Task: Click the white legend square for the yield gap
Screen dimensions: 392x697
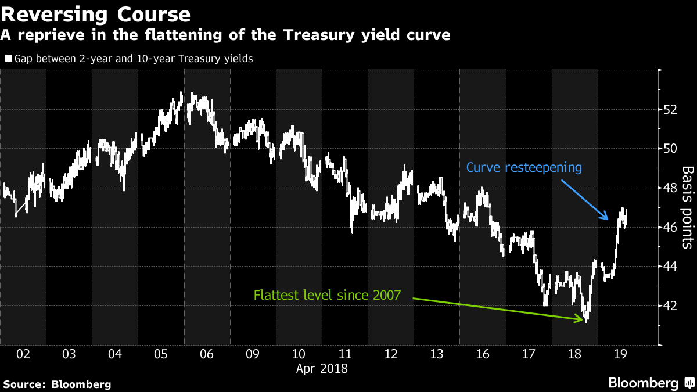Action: click(8, 59)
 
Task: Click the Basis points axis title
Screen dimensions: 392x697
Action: click(687, 207)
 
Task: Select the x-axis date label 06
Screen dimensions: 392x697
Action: click(207, 354)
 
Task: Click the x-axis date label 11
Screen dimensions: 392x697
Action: click(344, 354)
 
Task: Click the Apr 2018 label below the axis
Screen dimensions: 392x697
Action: click(322, 368)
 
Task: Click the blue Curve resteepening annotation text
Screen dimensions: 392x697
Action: click(524, 168)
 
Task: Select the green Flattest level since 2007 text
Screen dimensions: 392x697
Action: click(327, 295)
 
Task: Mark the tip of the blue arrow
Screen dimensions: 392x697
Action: click(608, 220)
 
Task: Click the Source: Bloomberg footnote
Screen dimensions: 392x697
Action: click(56, 384)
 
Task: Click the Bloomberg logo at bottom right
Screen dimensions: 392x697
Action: click(651, 383)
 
